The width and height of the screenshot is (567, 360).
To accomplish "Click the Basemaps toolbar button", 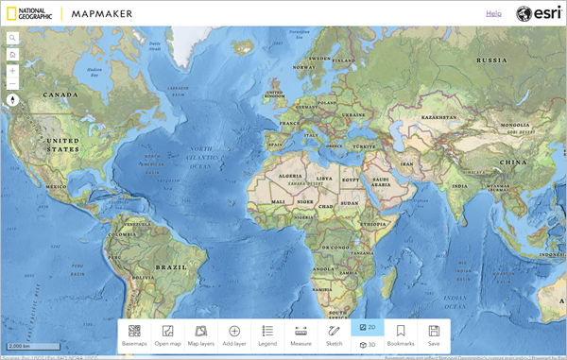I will point(134,335).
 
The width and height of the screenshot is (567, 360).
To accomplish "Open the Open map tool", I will point(167,335).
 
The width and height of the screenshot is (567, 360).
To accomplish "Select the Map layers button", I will point(200,335).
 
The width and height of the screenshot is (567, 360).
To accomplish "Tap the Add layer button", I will point(234,335).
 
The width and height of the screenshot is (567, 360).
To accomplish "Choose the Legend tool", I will point(267,335).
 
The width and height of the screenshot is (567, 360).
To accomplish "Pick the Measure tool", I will point(301,335).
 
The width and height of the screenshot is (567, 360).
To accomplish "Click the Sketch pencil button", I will point(334,335).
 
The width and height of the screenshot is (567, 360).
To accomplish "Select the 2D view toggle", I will point(367,327).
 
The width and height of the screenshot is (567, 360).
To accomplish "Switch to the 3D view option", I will point(367,345).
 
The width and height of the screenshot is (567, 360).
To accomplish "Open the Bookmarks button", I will point(401,335).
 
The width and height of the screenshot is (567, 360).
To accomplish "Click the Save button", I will point(434,335).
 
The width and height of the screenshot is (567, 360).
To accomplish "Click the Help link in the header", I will point(493,13).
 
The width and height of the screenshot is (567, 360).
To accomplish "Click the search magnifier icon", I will point(13,39).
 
